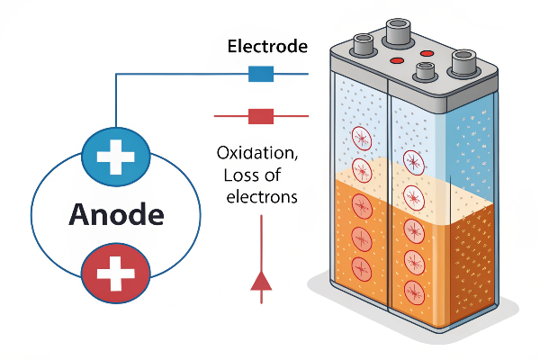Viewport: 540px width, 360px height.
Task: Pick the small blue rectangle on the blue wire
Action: click(x=260, y=75)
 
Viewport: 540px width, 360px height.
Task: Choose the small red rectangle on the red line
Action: click(x=260, y=115)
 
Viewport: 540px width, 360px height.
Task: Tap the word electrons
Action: click(x=259, y=196)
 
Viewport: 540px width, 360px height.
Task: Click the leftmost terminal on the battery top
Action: click(x=365, y=43)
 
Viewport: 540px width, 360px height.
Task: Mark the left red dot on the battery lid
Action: click(x=394, y=60)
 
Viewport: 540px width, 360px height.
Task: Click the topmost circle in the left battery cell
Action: click(x=361, y=138)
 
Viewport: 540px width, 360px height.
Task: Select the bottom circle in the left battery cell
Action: click(x=361, y=267)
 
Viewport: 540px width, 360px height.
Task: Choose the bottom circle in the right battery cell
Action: click(x=415, y=291)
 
